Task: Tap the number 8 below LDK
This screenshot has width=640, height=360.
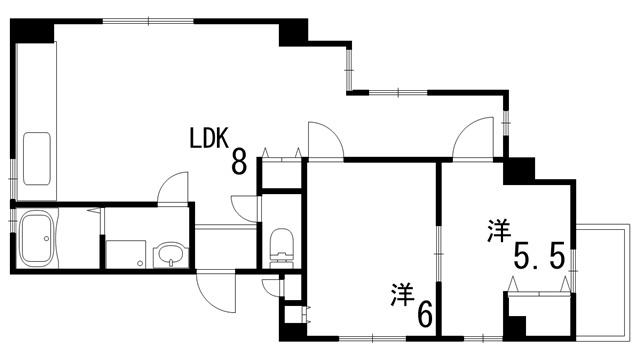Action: (239, 162)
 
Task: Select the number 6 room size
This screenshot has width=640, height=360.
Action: (425, 315)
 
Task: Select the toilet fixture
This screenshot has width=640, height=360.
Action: (280, 243)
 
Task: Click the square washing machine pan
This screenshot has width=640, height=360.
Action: (126, 254)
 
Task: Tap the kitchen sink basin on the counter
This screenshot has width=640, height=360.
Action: (36, 155)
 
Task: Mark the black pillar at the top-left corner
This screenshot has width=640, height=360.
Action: (30, 30)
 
